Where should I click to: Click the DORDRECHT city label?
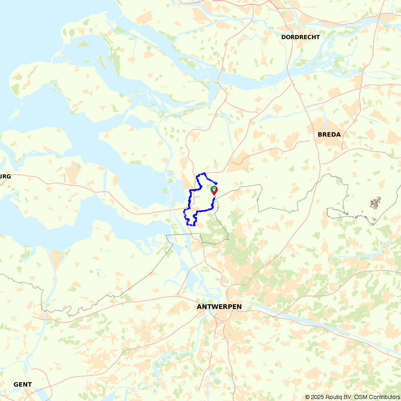[x=300, y=37]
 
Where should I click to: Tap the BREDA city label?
[x=329, y=135]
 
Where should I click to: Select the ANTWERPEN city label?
[x=219, y=307]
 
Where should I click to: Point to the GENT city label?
[x=22, y=384]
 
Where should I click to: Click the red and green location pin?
[x=214, y=190]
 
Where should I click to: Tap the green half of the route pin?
[x=213, y=188]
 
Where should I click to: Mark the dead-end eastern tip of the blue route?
[x=217, y=183]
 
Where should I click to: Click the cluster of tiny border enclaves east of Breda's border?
[x=375, y=203]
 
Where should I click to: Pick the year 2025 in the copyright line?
[x=316, y=397]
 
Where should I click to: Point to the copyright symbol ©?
[x=307, y=397]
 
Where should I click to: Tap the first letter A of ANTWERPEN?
[x=199, y=307]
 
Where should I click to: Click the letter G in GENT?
[x=16, y=384]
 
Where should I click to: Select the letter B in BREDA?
[x=320, y=135]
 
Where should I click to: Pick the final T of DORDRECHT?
[x=318, y=37]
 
